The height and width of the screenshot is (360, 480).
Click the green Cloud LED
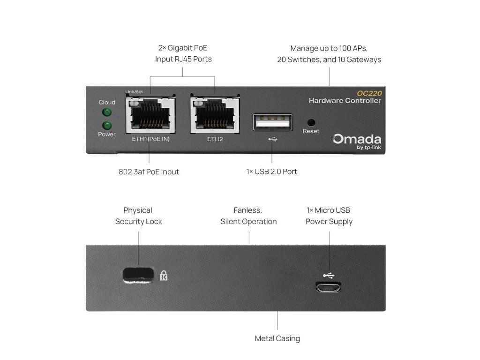107,112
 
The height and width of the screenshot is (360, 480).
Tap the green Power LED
107,125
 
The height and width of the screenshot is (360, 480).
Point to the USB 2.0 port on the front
273,121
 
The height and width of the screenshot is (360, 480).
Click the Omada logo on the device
357,139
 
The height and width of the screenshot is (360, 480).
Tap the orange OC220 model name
369,93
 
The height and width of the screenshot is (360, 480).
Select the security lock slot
138,275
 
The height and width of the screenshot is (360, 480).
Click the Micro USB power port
329,287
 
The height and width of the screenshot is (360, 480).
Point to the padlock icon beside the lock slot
164,275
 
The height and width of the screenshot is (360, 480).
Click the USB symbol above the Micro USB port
329,275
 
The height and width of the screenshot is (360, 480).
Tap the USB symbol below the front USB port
273,139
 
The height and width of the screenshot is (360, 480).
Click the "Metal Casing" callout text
277,338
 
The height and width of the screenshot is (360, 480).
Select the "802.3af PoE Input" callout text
149,172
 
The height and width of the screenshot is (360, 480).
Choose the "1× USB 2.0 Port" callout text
272,172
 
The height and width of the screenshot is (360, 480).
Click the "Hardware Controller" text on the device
345,101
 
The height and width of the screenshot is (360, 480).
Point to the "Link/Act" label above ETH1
134,92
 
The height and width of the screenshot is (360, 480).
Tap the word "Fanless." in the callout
248,210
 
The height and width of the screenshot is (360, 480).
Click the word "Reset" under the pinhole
311,131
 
